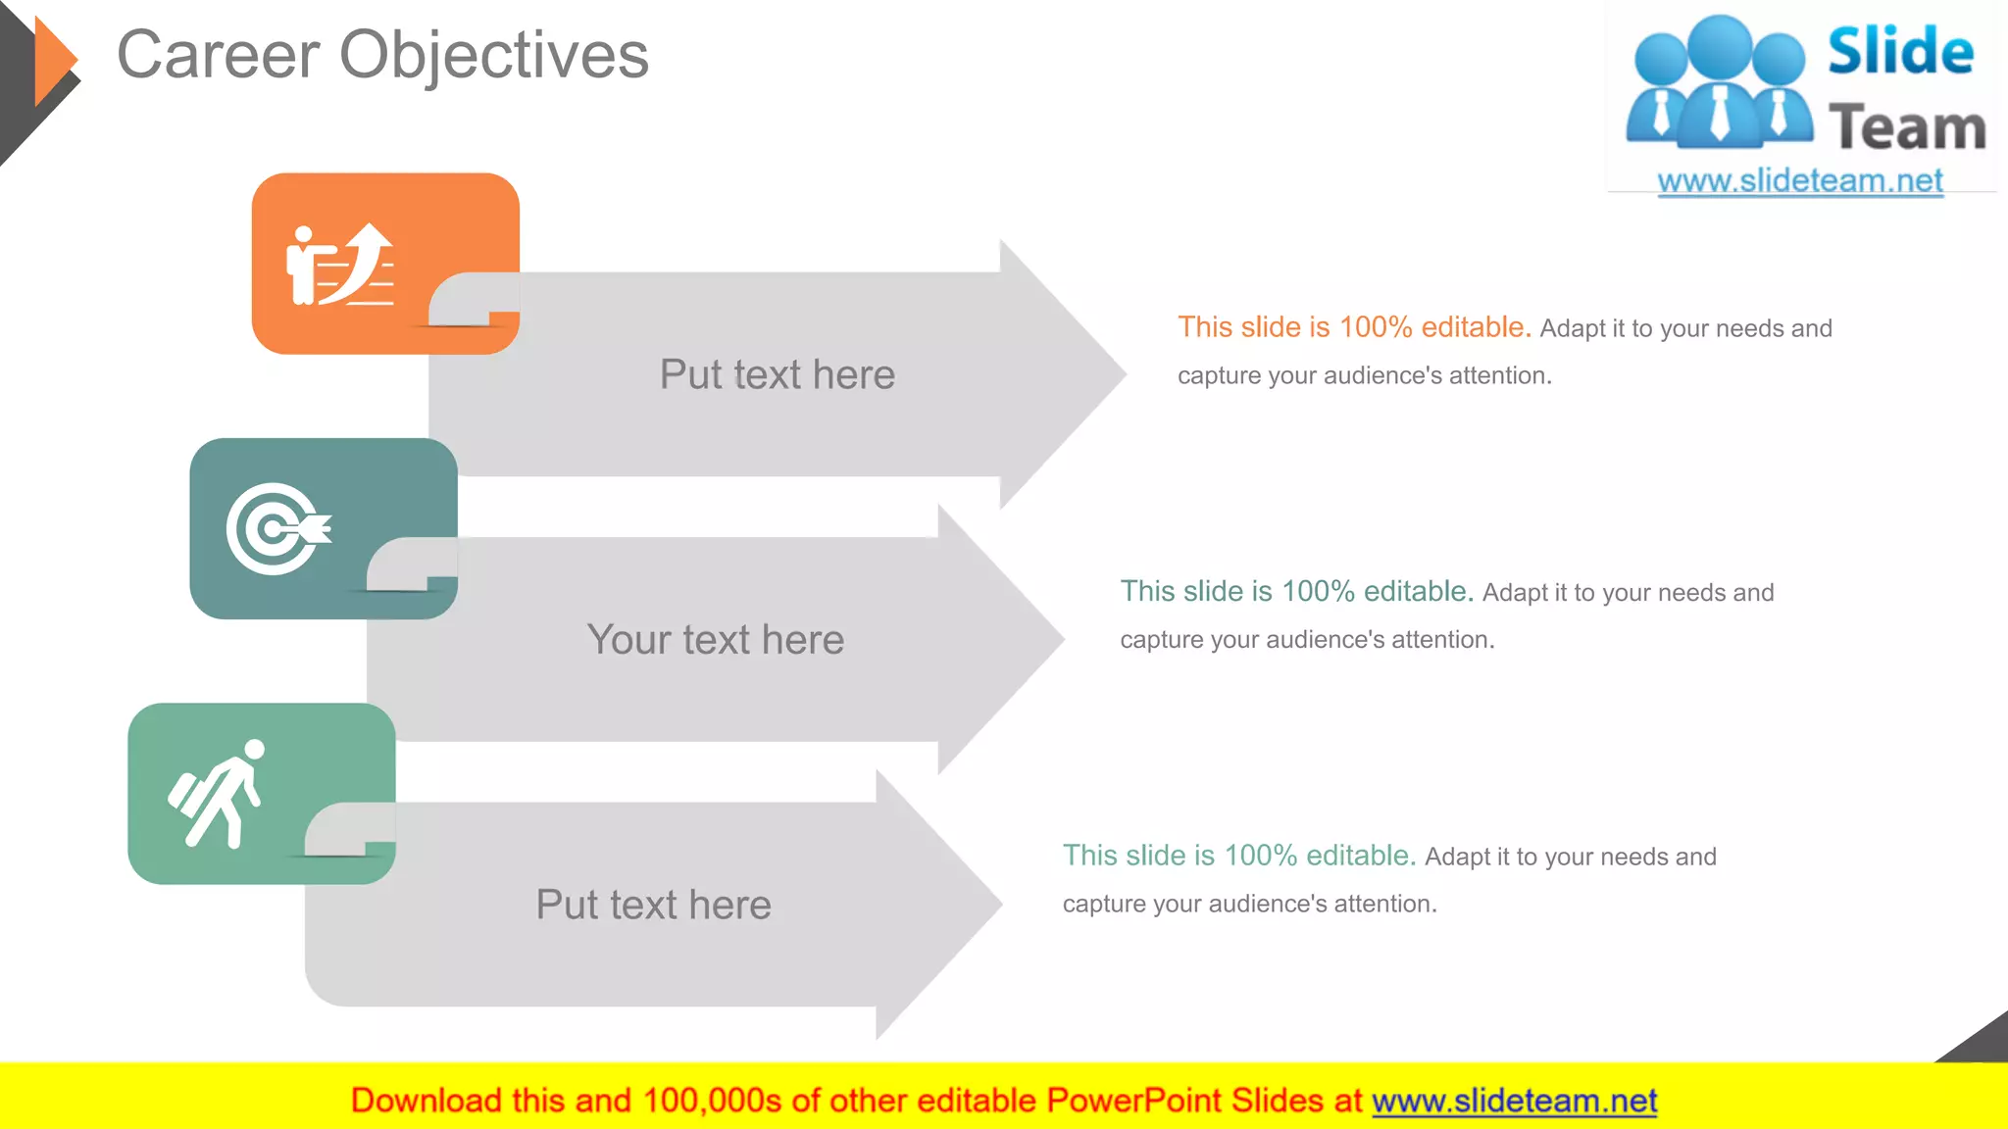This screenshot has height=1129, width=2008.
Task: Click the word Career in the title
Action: pyautogui.click(x=218, y=55)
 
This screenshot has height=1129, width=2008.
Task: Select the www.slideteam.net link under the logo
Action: pyautogui.click(x=1799, y=181)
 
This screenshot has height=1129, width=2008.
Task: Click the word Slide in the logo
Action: pyautogui.click(x=1900, y=52)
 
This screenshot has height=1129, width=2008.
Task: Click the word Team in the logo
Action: pyautogui.click(x=1907, y=128)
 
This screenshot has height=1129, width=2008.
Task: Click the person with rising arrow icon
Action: pyautogui.click(x=339, y=265)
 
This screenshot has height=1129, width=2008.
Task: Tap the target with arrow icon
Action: pyautogui.click(x=277, y=528)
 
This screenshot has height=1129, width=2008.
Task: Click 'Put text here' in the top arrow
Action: pyautogui.click(x=777, y=374)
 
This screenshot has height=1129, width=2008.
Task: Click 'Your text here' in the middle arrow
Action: pyautogui.click(x=715, y=639)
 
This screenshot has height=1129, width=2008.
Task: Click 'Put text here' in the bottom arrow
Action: pyautogui.click(x=653, y=904)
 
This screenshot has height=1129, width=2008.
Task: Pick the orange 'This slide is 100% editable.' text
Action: pyautogui.click(x=1353, y=327)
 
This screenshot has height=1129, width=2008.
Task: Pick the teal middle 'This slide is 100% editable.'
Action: pyautogui.click(x=1296, y=591)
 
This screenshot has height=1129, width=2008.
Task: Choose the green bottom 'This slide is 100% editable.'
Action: pyautogui.click(x=1238, y=856)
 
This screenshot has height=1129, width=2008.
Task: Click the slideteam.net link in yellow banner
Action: pyautogui.click(x=1514, y=1101)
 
